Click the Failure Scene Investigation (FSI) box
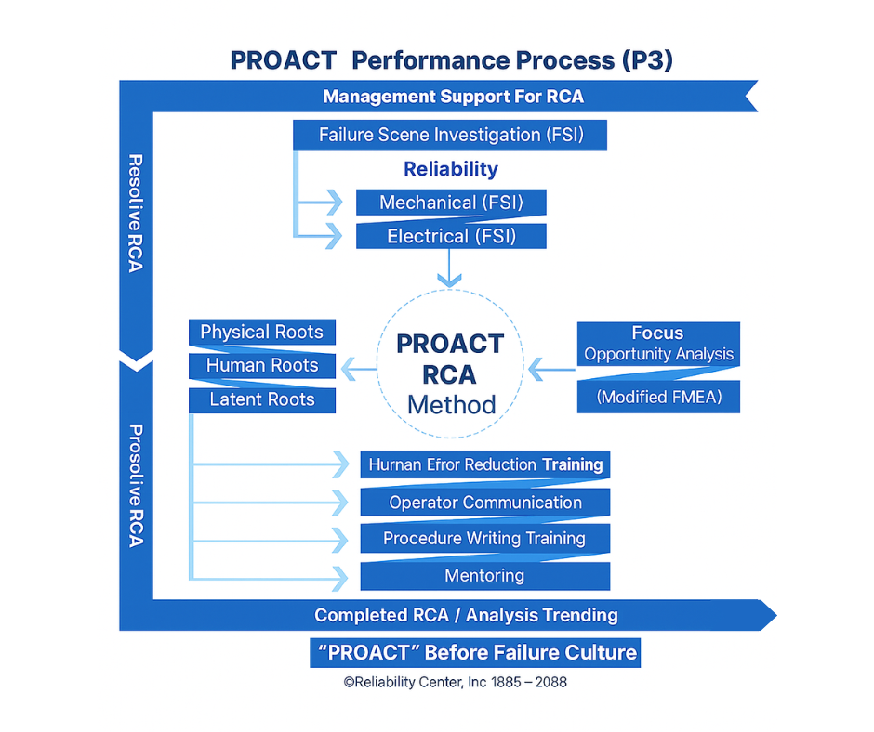(x=450, y=136)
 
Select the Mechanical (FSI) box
(x=451, y=203)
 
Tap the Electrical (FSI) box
(x=451, y=236)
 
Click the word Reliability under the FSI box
(x=451, y=169)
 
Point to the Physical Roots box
(x=261, y=333)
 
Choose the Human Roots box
(x=261, y=366)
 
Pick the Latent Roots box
(x=261, y=400)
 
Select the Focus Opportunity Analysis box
(x=658, y=344)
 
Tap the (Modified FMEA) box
(x=658, y=397)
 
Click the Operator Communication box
(x=485, y=503)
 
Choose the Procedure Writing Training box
(x=485, y=539)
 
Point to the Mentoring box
(x=485, y=576)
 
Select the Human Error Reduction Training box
(x=485, y=464)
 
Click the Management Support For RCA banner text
(x=453, y=97)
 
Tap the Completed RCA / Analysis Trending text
(x=466, y=615)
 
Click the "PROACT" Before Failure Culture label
(x=475, y=653)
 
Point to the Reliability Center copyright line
(x=455, y=683)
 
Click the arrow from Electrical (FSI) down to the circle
(x=450, y=268)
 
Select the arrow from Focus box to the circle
(x=552, y=371)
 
